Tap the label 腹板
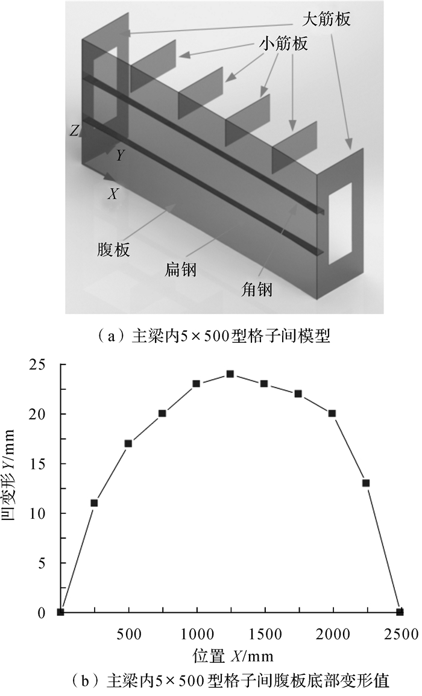[113, 249]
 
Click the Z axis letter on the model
[73, 131]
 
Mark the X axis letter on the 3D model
[112, 194]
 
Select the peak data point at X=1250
[230, 374]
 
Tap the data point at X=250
[94, 503]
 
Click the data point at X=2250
[366, 483]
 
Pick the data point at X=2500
[400, 612]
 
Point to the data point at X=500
[128, 444]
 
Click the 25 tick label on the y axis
[45, 364]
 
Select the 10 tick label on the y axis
[45, 513]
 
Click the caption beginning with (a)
[212, 336]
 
